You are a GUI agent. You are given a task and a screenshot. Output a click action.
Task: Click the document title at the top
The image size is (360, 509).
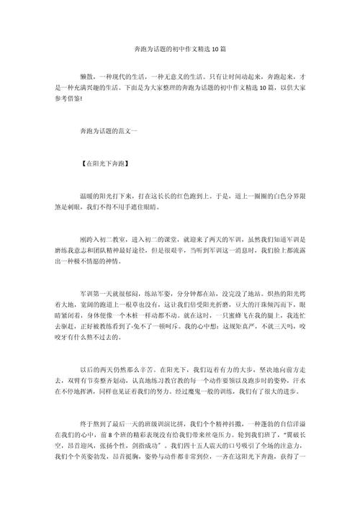(x=180, y=50)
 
